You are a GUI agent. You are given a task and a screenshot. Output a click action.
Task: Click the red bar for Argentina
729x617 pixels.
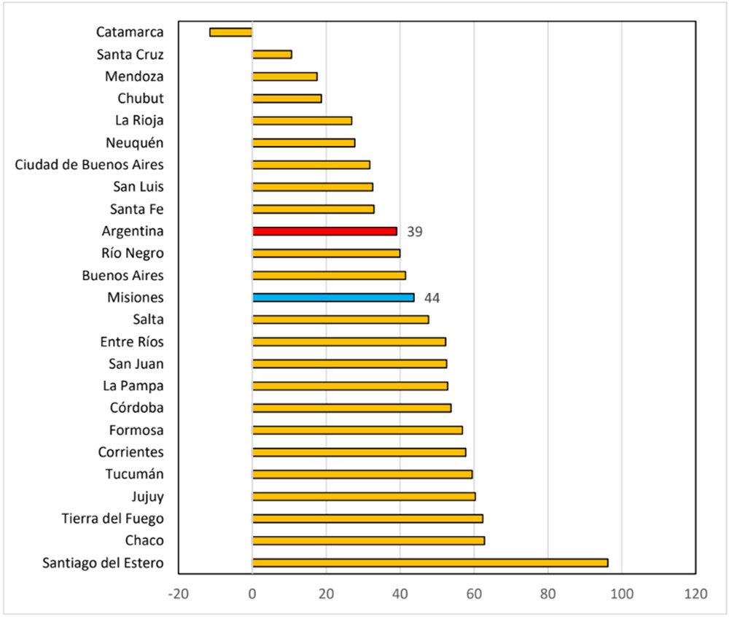pos(324,231)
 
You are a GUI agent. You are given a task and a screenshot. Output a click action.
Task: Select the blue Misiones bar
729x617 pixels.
pos(333,298)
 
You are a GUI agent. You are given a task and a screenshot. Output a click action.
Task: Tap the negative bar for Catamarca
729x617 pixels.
pos(230,32)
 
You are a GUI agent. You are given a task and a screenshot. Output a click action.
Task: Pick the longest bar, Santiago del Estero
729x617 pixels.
pos(430,563)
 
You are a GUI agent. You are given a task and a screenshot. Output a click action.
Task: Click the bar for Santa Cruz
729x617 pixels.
pos(272,55)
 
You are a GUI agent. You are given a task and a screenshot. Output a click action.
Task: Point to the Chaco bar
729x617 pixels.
pos(368,540)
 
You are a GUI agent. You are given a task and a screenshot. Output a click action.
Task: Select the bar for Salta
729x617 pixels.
pos(340,319)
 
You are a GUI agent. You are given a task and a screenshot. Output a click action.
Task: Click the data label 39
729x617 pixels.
pos(415,232)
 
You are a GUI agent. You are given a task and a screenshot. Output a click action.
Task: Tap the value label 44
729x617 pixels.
pos(432,298)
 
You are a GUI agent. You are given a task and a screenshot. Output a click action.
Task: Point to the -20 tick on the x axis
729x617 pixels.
pos(178,594)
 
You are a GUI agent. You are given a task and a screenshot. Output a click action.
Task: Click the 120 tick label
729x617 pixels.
pos(695,594)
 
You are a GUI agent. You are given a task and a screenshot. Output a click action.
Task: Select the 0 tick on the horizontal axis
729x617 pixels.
pos(252,594)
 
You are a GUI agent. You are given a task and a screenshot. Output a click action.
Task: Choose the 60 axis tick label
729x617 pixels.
pos(474,594)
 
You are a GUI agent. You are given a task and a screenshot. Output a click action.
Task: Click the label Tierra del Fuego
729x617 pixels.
pos(113,519)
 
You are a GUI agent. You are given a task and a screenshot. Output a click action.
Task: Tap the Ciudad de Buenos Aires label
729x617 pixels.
pos(90,165)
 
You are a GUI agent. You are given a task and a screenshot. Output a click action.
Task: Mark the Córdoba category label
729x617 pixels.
pos(136,408)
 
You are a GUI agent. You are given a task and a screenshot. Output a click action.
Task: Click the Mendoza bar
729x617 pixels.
pos(285,77)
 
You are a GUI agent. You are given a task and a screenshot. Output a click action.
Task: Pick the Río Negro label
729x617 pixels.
pos(133,253)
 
